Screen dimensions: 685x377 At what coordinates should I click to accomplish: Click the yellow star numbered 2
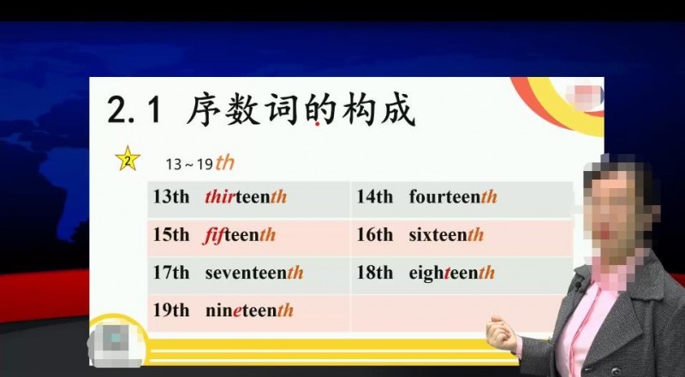click(x=128, y=159)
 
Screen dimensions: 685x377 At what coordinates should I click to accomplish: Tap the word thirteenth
click(x=246, y=197)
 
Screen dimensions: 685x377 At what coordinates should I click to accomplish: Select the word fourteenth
click(x=453, y=197)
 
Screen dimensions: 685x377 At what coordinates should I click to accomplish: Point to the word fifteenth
click(x=240, y=235)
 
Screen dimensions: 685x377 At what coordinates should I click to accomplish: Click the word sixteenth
click(x=446, y=235)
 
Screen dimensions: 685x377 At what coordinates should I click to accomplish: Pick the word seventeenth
click(x=254, y=273)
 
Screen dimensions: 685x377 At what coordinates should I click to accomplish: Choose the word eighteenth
click(x=452, y=273)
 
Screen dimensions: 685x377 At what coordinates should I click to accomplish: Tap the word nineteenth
click(x=249, y=310)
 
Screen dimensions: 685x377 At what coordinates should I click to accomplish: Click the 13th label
click(x=171, y=197)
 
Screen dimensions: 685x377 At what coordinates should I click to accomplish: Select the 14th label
click(x=375, y=197)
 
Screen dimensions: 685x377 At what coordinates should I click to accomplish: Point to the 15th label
click(x=171, y=235)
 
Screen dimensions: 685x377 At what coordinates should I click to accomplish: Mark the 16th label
click(x=375, y=235)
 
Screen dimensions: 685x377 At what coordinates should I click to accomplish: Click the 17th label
click(x=171, y=273)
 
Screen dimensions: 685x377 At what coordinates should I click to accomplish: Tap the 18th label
click(x=375, y=273)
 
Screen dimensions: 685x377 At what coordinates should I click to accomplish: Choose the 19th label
click(x=171, y=310)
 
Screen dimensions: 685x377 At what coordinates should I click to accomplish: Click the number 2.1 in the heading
click(x=134, y=109)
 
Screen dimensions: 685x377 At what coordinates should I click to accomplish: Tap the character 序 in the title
click(x=204, y=109)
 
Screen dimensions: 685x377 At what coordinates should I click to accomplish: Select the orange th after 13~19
click(x=225, y=162)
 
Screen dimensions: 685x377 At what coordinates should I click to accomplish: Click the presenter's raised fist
click(x=502, y=333)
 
